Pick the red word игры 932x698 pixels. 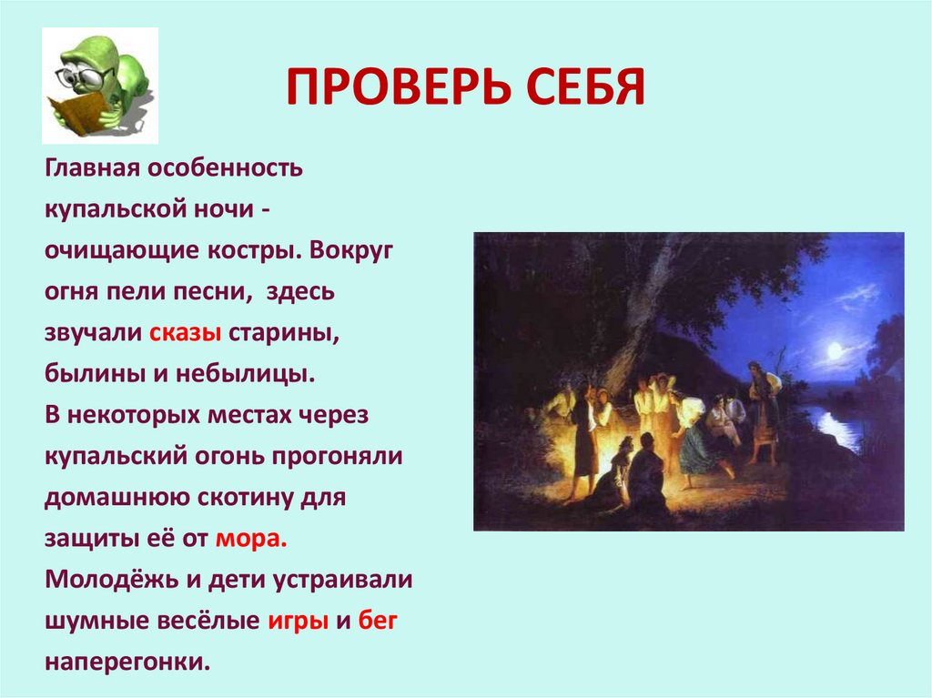296,621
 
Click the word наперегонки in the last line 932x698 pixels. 127,662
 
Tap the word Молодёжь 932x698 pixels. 107,579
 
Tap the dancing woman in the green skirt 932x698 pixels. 694,437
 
